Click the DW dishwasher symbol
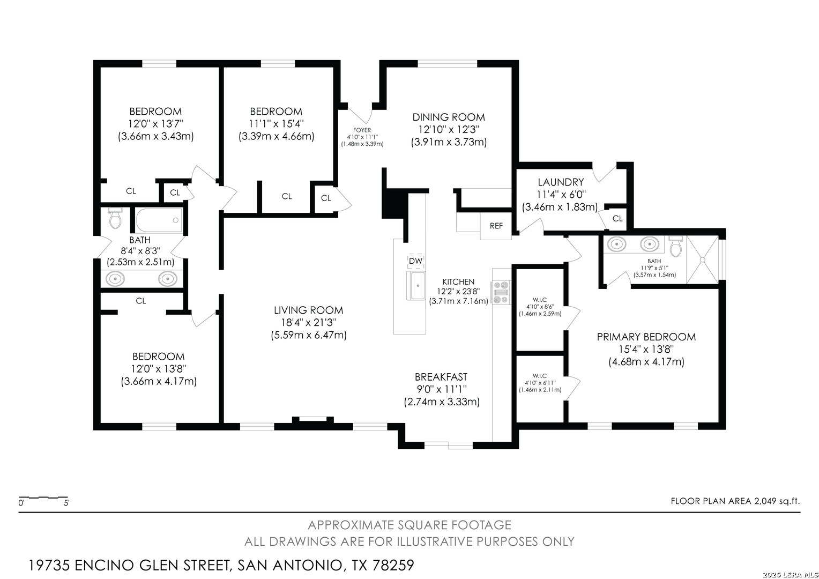click(x=415, y=261)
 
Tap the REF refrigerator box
click(x=496, y=226)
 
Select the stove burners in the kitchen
click(x=501, y=292)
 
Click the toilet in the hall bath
click(x=115, y=218)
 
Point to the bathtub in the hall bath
click(x=159, y=220)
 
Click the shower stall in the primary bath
click(x=702, y=259)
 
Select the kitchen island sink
click(x=416, y=286)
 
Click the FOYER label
click(x=362, y=130)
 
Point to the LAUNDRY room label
click(x=561, y=182)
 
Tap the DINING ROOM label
click(x=449, y=117)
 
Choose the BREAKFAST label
click(x=441, y=377)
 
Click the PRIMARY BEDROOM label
click(x=646, y=337)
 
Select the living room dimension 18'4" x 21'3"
click(x=308, y=323)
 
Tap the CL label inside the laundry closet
click(x=617, y=219)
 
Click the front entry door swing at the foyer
click(x=360, y=115)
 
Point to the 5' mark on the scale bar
click(x=66, y=503)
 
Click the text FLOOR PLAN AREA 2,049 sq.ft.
click(x=735, y=501)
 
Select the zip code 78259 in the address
click(x=393, y=565)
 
